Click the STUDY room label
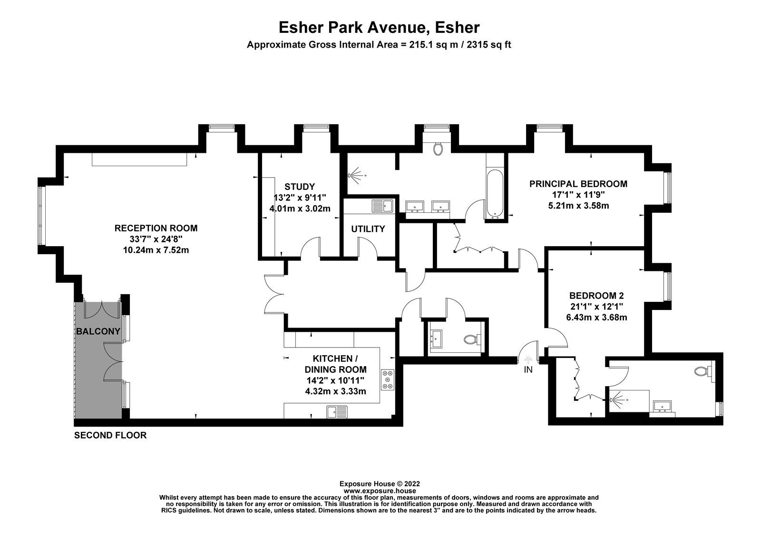pyautogui.click(x=300, y=187)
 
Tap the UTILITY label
pyautogui.click(x=368, y=229)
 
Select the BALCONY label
pyautogui.click(x=98, y=331)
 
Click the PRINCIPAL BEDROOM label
pyautogui.click(x=578, y=184)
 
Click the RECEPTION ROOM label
pyautogui.click(x=156, y=229)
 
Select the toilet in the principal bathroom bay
pyautogui.click(x=439, y=149)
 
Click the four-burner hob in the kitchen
pyautogui.click(x=387, y=380)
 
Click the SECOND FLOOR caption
pyautogui.click(x=110, y=435)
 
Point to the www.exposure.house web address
pyautogui.click(x=380, y=490)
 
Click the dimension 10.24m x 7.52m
pyautogui.click(x=156, y=249)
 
